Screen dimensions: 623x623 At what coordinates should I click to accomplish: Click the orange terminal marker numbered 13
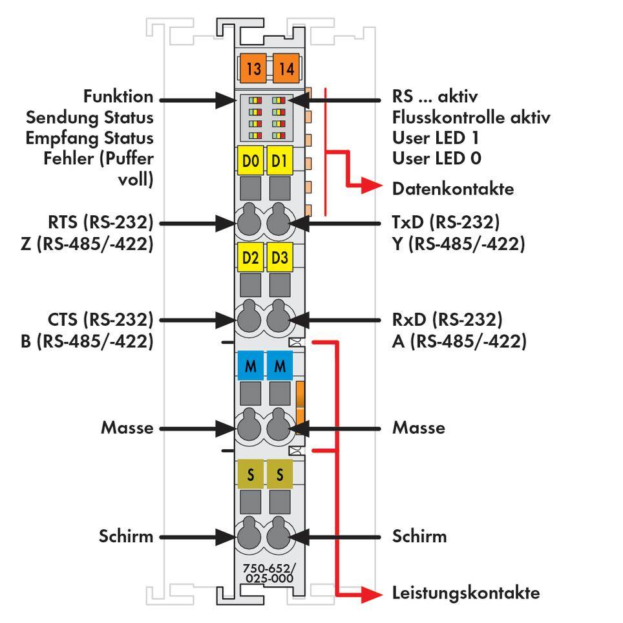pyautogui.click(x=253, y=68)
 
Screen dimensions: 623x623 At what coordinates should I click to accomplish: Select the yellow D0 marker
pyautogui.click(x=251, y=161)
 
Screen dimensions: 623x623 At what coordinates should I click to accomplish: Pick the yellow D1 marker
pyautogui.click(x=280, y=161)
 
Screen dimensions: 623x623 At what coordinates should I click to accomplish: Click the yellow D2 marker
pyautogui.click(x=251, y=259)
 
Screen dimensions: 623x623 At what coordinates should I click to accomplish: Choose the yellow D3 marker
pyautogui.click(x=280, y=259)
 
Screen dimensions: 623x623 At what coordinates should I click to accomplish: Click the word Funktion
pyautogui.click(x=118, y=97)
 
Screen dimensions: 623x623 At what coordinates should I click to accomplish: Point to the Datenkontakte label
pyautogui.click(x=453, y=189)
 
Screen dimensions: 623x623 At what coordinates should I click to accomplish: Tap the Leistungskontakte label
pyautogui.click(x=465, y=593)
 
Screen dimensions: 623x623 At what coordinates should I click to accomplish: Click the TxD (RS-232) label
pyautogui.click(x=446, y=223)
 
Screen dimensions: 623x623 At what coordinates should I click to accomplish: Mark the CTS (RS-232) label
pyautogui.click(x=100, y=319)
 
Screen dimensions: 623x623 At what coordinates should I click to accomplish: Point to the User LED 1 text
pyautogui.click(x=436, y=138)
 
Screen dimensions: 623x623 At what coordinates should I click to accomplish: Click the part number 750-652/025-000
pyautogui.click(x=268, y=573)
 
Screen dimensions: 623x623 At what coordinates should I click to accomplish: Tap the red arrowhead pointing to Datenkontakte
pyautogui.click(x=374, y=187)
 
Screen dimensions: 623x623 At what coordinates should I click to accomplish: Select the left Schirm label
pyautogui.click(x=126, y=536)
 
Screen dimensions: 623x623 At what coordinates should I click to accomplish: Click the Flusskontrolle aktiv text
pyautogui.click(x=471, y=118)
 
